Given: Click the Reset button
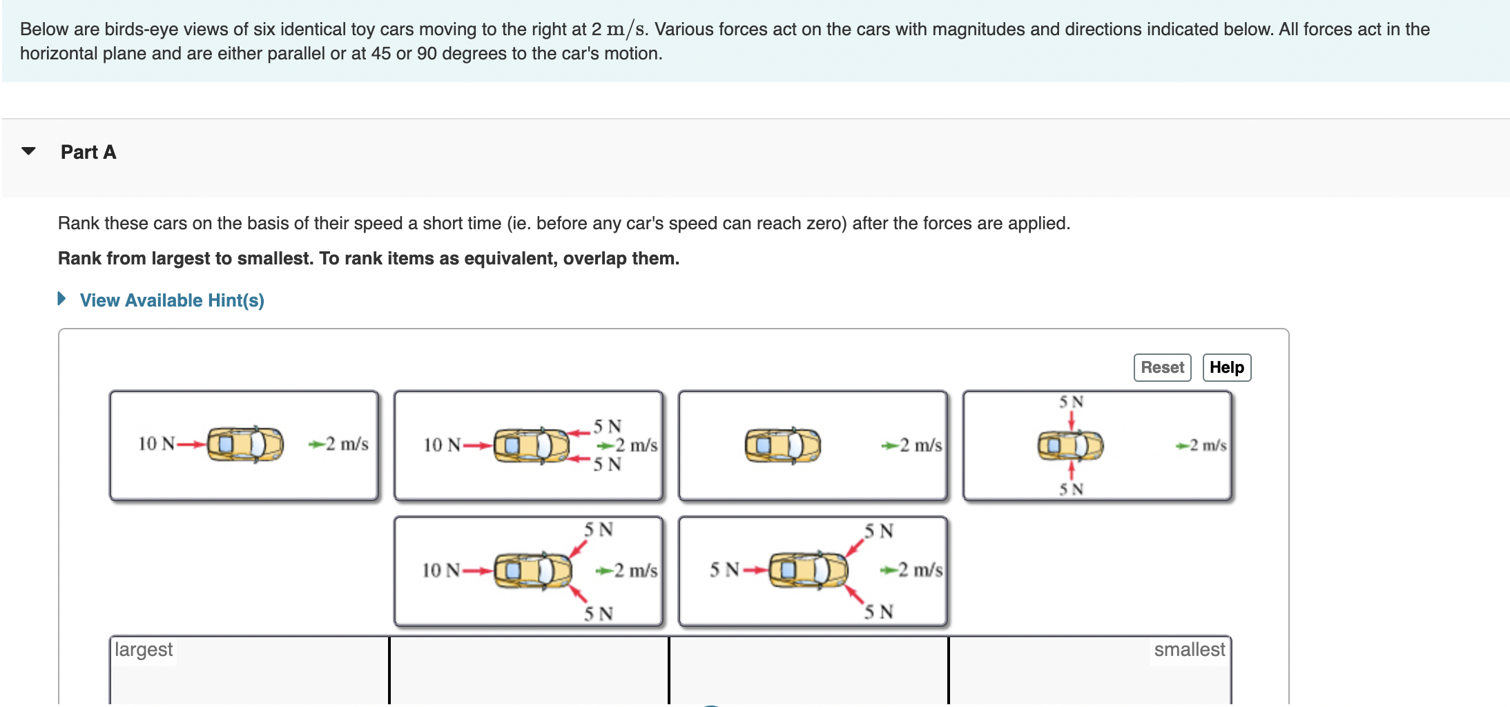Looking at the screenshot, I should (1162, 367).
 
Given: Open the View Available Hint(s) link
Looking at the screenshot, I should (171, 300).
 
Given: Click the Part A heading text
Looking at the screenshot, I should (88, 152).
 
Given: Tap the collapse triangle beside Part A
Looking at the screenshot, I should (28, 151).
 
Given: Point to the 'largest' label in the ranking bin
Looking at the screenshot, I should (144, 650).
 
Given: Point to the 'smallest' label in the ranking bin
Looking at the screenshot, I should (1189, 650).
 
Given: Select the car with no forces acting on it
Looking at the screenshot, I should (782, 445).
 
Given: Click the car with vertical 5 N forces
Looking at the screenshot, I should (1070, 445).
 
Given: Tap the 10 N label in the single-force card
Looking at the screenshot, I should (157, 444).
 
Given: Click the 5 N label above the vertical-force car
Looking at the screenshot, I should (1072, 402).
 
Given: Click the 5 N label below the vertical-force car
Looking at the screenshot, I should (1072, 490).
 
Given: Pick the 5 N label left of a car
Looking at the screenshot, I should (724, 570).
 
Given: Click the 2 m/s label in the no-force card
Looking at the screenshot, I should (920, 445).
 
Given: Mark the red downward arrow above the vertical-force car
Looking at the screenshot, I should (1072, 420).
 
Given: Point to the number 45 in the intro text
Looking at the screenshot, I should (381, 54).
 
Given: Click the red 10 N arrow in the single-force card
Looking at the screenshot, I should (191, 444).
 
